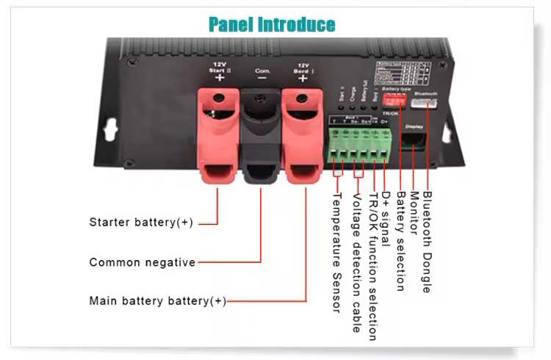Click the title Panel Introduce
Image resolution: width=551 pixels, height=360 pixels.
click(272, 24)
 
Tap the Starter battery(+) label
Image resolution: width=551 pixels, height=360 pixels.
click(140, 222)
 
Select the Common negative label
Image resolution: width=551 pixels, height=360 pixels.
click(143, 262)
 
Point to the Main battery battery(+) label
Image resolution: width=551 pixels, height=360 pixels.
click(157, 301)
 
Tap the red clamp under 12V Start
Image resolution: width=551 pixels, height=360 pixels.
click(218, 140)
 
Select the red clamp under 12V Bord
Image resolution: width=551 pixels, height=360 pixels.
click(303, 140)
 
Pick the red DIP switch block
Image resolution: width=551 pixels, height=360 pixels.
click(395, 98)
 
